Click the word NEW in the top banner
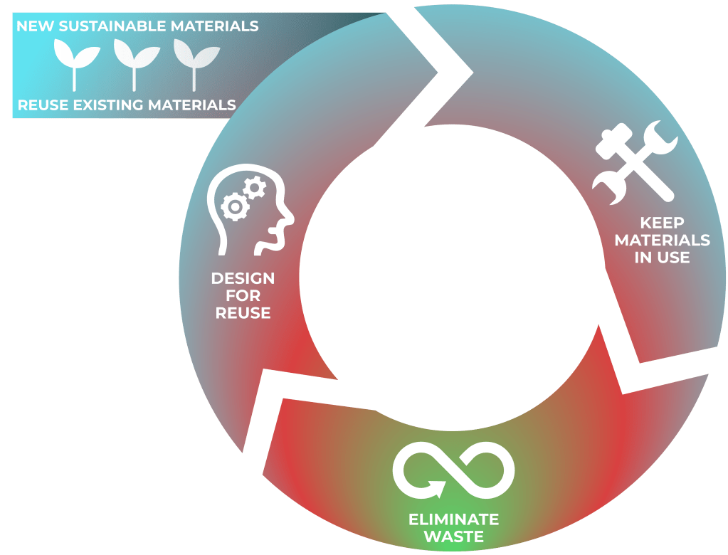(x=33, y=27)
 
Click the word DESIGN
(x=243, y=277)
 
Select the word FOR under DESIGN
(x=243, y=295)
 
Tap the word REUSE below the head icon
(x=243, y=313)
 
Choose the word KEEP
(x=663, y=223)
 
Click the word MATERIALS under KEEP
(x=663, y=240)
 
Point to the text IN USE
(x=663, y=258)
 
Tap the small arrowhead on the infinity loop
(x=436, y=489)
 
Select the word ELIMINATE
(x=453, y=519)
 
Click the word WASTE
(x=453, y=536)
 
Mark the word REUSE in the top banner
(x=41, y=105)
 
